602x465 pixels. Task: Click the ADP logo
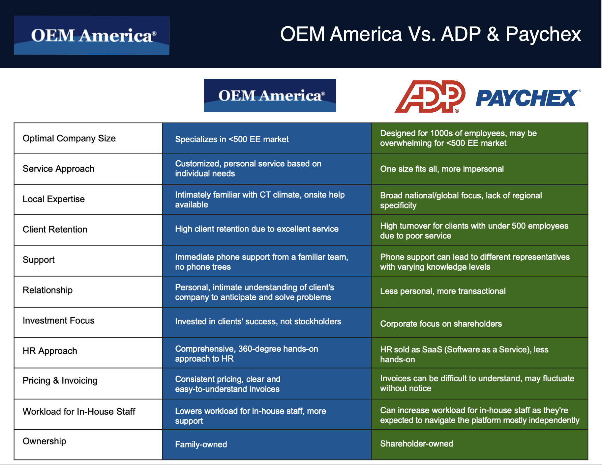430,96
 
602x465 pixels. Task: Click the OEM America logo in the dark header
92,36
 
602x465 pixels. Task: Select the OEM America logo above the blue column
270,96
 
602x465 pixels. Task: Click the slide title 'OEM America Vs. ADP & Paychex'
430,34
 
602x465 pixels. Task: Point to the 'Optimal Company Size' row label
69,138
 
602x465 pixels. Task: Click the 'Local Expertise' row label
54,199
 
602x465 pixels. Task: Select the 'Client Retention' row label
55,230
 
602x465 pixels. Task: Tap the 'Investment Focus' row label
59,320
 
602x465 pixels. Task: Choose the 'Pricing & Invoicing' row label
60,381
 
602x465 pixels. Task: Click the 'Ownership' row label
45,441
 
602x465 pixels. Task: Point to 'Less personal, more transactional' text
443,291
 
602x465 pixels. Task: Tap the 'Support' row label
39,260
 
